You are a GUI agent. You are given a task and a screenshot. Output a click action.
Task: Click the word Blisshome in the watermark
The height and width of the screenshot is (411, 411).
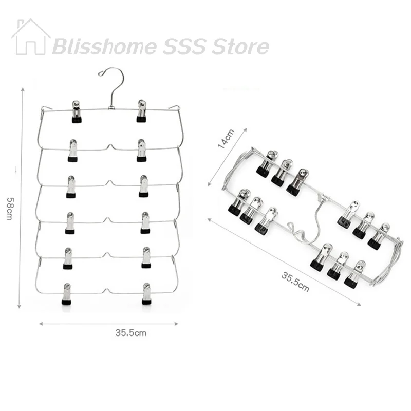point(105,47)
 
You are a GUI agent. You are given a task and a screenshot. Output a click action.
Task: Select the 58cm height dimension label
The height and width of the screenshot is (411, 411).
point(10,209)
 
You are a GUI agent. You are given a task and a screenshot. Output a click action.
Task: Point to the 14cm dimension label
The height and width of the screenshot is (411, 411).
point(226,139)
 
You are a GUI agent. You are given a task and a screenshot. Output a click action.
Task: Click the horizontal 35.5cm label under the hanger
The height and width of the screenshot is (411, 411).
point(131,333)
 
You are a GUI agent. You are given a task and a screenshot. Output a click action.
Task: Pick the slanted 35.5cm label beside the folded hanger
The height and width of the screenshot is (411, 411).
point(295,282)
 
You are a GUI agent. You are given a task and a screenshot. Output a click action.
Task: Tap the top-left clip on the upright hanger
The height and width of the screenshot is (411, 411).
point(76,111)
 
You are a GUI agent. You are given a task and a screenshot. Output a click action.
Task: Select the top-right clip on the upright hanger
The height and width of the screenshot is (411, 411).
point(141,111)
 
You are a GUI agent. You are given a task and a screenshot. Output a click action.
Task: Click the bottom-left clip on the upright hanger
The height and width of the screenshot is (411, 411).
point(67,294)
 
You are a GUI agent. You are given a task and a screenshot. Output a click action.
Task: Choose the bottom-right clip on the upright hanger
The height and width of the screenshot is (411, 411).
point(146,293)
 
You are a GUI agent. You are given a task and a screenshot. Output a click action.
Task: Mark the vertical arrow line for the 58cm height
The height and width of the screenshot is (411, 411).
point(21,198)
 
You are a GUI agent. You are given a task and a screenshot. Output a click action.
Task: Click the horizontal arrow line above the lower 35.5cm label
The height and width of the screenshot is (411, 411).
point(108,324)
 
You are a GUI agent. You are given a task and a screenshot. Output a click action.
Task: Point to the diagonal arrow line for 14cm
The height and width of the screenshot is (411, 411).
point(227,157)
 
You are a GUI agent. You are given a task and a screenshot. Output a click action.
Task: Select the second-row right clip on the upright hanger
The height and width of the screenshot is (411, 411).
point(142,150)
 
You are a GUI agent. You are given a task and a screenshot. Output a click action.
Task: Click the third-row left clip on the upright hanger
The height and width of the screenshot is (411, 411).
point(71,186)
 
